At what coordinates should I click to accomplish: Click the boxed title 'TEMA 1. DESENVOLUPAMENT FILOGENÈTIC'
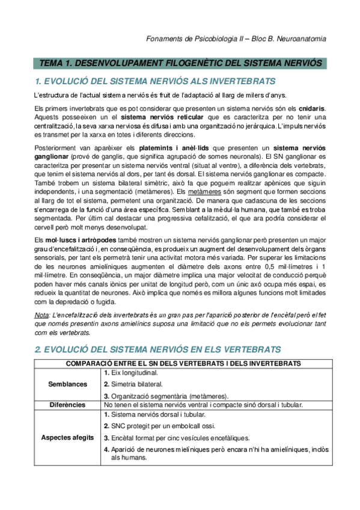pos(180,63)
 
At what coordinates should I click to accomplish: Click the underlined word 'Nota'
pos(41,316)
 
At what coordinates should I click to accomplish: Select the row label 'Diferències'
pos(67,405)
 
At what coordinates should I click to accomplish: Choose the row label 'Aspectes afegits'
pos(67,437)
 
